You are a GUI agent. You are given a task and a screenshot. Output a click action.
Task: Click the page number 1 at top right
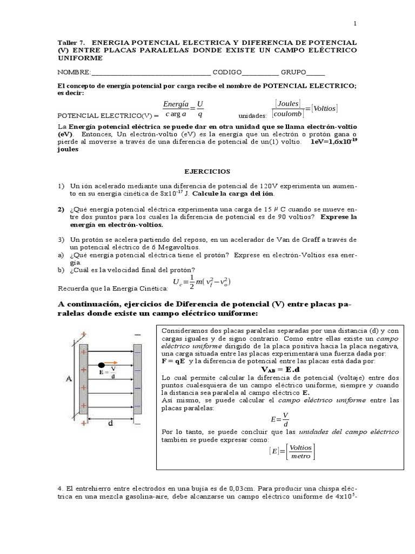click(x=355, y=23)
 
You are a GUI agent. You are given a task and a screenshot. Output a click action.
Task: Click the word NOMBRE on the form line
click(x=73, y=73)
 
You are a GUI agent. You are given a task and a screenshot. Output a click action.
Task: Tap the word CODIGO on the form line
click(x=226, y=73)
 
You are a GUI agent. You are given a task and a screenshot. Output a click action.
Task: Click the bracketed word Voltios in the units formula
click(x=325, y=108)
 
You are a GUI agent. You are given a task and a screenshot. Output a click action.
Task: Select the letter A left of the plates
click(x=69, y=379)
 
